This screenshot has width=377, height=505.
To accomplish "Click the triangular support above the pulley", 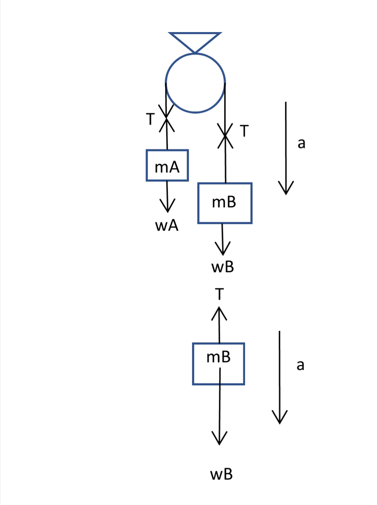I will [195, 40].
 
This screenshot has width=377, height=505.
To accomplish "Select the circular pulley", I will [195, 83].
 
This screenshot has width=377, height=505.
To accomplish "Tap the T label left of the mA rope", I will [150, 119].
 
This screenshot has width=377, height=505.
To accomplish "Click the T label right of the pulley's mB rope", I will [244, 131].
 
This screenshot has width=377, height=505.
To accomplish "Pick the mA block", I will [167, 165].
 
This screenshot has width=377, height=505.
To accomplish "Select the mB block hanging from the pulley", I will [225, 203].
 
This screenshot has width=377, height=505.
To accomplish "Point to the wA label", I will [167, 225].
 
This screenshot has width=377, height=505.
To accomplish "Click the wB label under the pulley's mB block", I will [223, 267].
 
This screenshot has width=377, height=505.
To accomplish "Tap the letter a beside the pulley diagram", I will [301, 143].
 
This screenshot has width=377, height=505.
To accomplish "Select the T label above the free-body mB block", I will [219, 294].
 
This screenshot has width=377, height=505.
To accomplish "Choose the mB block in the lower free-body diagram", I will [219, 364].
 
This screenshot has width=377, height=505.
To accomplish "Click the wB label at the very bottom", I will [221, 474].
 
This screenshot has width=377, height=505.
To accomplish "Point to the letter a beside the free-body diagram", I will [300, 365].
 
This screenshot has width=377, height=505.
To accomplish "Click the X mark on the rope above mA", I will [166, 118].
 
